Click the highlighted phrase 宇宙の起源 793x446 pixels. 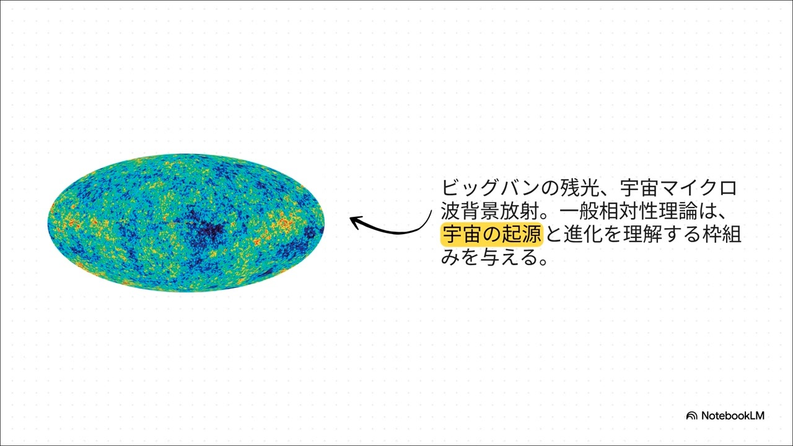[492, 234]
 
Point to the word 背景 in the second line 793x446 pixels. [480, 211]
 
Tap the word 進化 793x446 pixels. [584, 234]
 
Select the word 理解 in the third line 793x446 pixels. [642, 234]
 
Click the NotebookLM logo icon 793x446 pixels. [691, 416]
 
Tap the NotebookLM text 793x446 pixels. [733, 416]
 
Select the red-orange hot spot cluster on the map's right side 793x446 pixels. [283, 222]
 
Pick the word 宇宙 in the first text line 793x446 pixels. [640, 188]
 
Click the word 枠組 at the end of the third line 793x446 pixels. [722, 234]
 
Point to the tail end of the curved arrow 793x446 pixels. [432, 211]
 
